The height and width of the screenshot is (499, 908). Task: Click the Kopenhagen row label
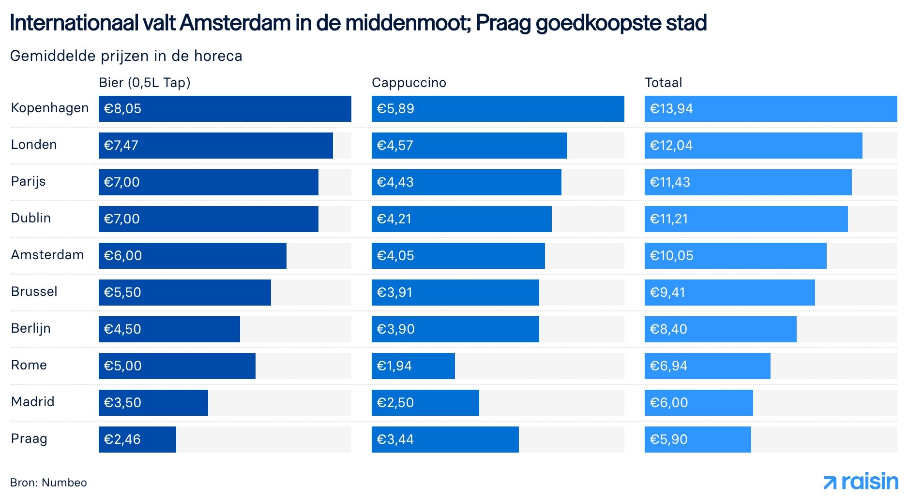pyautogui.click(x=49, y=108)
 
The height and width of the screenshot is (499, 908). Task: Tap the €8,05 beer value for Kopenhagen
pyautogui.click(x=122, y=109)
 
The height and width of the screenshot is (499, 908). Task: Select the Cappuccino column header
pyautogui.click(x=409, y=83)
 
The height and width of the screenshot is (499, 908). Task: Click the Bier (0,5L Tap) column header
pyautogui.click(x=144, y=83)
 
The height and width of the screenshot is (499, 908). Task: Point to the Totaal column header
pyautogui.click(x=663, y=83)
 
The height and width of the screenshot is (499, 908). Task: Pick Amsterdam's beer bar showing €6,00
pyautogui.click(x=192, y=256)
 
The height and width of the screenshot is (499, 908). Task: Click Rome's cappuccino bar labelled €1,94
pyautogui.click(x=413, y=366)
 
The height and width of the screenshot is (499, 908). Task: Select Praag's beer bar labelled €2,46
pyautogui.click(x=137, y=440)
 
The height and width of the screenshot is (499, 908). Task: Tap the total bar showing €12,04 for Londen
pyautogui.click(x=753, y=146)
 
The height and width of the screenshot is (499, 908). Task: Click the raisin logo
pyautogui.click(x=861, y=482)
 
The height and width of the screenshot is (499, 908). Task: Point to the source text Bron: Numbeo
pyautogui.click(x=48, y=483)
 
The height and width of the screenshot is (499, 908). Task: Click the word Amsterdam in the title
pyautogui.click(x=235, y=23)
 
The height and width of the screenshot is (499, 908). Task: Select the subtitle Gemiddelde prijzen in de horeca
pyautogui.click(x=126, y=56)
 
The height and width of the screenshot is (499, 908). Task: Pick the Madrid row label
pyautogui.click(x=32, y=402)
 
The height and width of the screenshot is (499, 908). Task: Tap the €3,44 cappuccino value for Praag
pyautogui.click(x=395, y=440)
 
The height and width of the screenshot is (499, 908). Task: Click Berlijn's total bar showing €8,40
pyautogui.click(x=720, y=329)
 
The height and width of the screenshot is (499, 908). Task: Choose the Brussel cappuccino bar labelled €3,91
pyautogui.click(x=455, y=293)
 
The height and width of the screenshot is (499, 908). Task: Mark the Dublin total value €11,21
pyautogui.click(x=668, y=219)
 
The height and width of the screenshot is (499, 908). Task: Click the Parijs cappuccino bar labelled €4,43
pyautogui.click(x=466, y=182)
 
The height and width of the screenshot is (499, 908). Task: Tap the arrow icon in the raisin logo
pyautogui.click(x=830, y=483)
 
